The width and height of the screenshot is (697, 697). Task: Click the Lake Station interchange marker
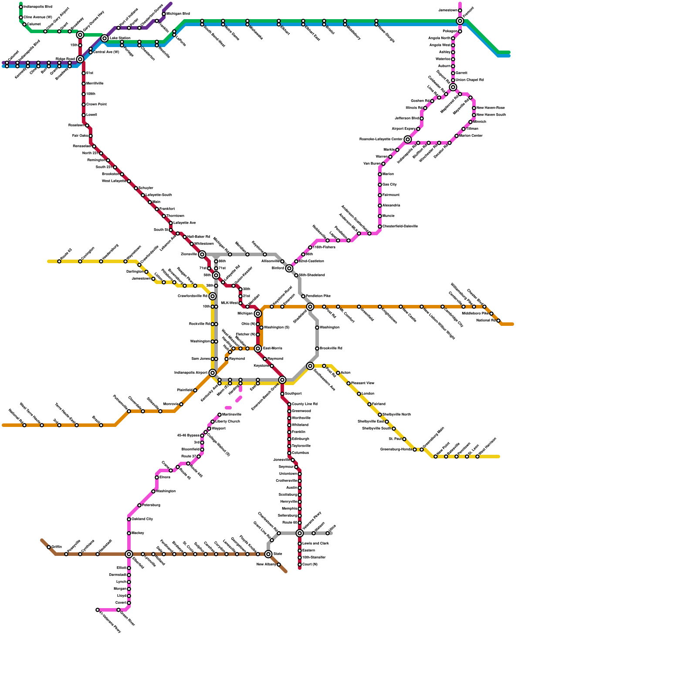[105, 38]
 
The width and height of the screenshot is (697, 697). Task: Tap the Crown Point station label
[96, 105]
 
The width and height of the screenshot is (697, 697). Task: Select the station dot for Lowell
[84, 115]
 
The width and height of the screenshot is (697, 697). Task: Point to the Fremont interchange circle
[460, 21]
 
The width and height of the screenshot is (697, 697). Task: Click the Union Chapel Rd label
[469, 80]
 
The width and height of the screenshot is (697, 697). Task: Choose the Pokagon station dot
[460, 31]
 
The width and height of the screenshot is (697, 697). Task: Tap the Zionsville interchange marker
[202, 254]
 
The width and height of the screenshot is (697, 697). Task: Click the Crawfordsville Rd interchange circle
[213, 296]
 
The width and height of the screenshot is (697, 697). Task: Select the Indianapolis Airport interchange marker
[213, 373]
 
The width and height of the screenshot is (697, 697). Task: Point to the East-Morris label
[273, 348]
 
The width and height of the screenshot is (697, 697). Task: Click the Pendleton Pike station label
[318, 296]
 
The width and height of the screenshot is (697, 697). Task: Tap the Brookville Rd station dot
[317, 348]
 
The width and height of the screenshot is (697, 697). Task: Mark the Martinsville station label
[232, 415]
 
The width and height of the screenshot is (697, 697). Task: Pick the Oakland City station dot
[129, 519]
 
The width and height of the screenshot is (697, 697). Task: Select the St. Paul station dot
[404, 439]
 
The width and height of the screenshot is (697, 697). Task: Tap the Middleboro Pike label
[475, 314]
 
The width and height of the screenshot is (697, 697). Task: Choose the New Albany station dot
[279, 565]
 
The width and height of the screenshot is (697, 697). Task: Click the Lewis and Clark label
[315, 544]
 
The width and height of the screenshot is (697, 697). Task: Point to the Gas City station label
[389, 185]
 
